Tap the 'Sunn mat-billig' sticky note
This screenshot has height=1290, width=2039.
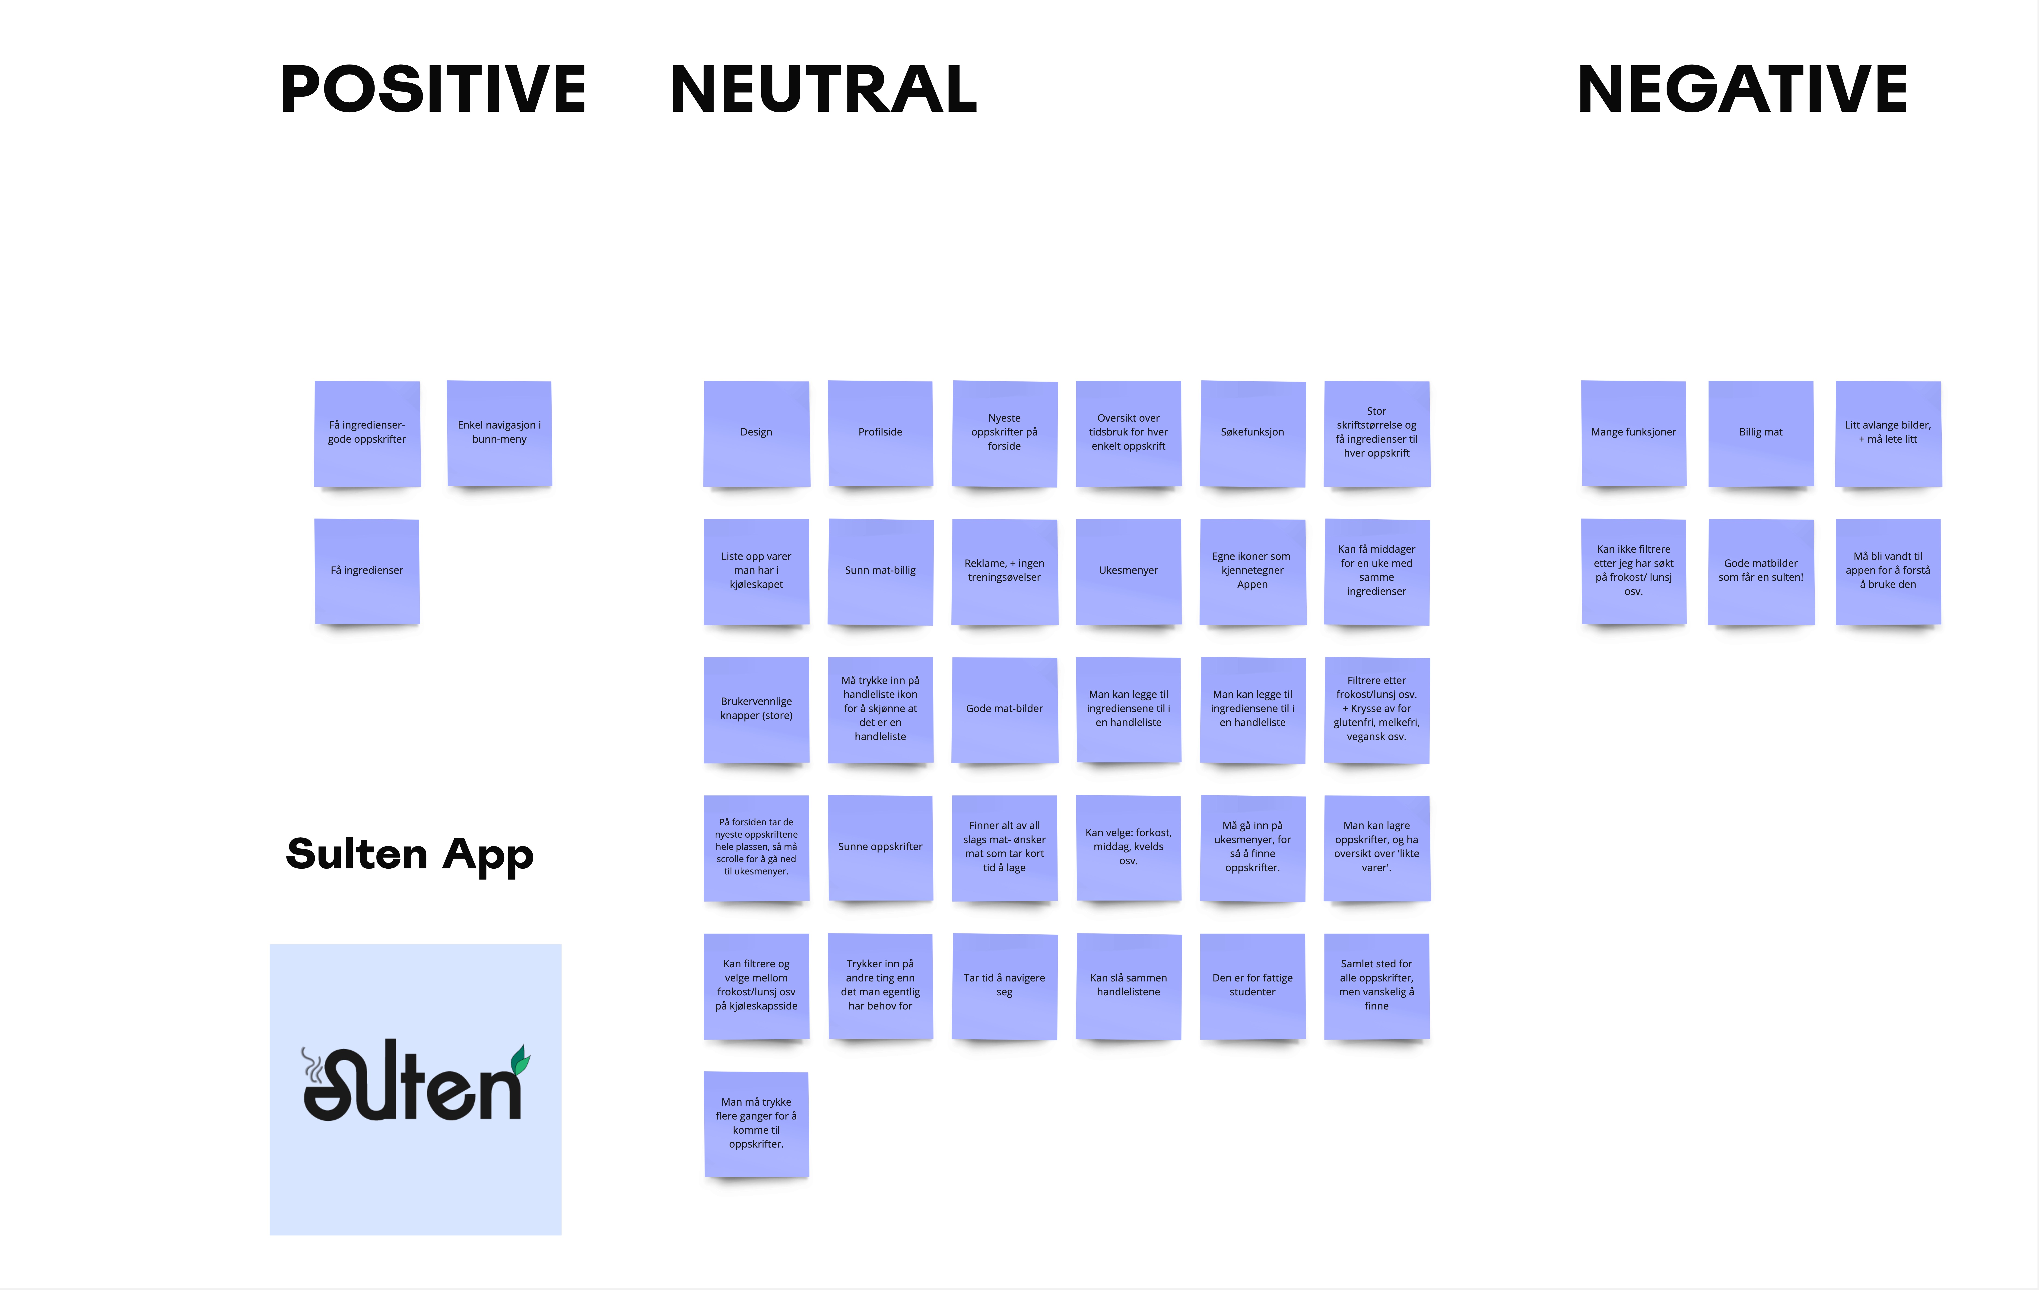click(x=880, y=571)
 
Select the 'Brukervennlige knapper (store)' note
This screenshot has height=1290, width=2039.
click(x=756, y=709)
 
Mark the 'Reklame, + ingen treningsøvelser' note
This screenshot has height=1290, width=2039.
click(x=1004, y=571)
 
